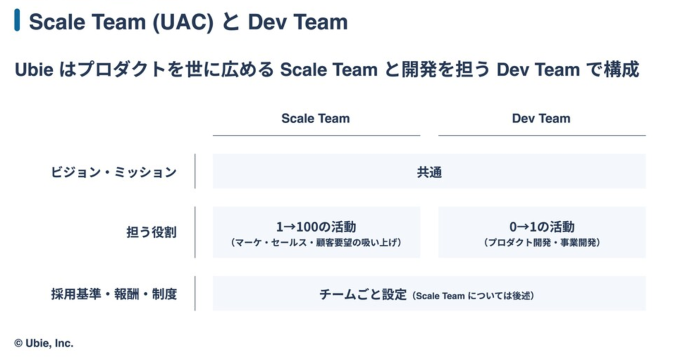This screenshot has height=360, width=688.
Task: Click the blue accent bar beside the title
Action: pos(18,21)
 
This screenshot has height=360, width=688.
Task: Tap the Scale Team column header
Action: pos(315,119)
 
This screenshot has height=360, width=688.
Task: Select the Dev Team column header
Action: pos(541,119)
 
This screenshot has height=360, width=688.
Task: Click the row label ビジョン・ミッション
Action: pos(113,172)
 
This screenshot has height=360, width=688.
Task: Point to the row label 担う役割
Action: pos(151,232)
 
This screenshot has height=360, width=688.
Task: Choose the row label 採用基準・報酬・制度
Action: pos(114,294)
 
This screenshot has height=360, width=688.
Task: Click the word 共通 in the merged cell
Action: pos(429,172)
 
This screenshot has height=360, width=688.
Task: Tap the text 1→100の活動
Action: pos(316,226)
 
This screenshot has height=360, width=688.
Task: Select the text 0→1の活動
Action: pos(542,226)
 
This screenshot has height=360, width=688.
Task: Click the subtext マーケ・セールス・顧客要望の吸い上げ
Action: pos(316,242)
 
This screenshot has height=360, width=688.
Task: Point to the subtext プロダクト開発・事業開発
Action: pos(542,242)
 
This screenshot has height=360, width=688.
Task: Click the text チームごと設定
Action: pos(363,295)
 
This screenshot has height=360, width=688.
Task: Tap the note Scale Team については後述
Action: pos(474,296)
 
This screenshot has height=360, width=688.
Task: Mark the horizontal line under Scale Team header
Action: pos(316,135)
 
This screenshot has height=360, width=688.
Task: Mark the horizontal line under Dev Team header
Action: pos(542,135)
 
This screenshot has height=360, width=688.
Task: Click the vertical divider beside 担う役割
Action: pos(195,232)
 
